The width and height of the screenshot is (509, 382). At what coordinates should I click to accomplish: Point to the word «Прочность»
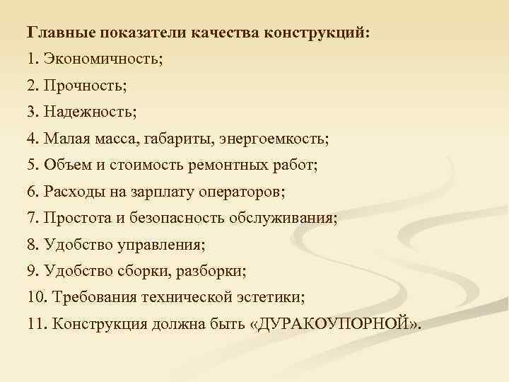pos(84,86)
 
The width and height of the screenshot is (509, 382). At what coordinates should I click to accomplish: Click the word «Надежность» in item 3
pos(89,112)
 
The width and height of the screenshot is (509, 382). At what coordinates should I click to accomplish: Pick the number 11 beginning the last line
pos(34,325)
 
